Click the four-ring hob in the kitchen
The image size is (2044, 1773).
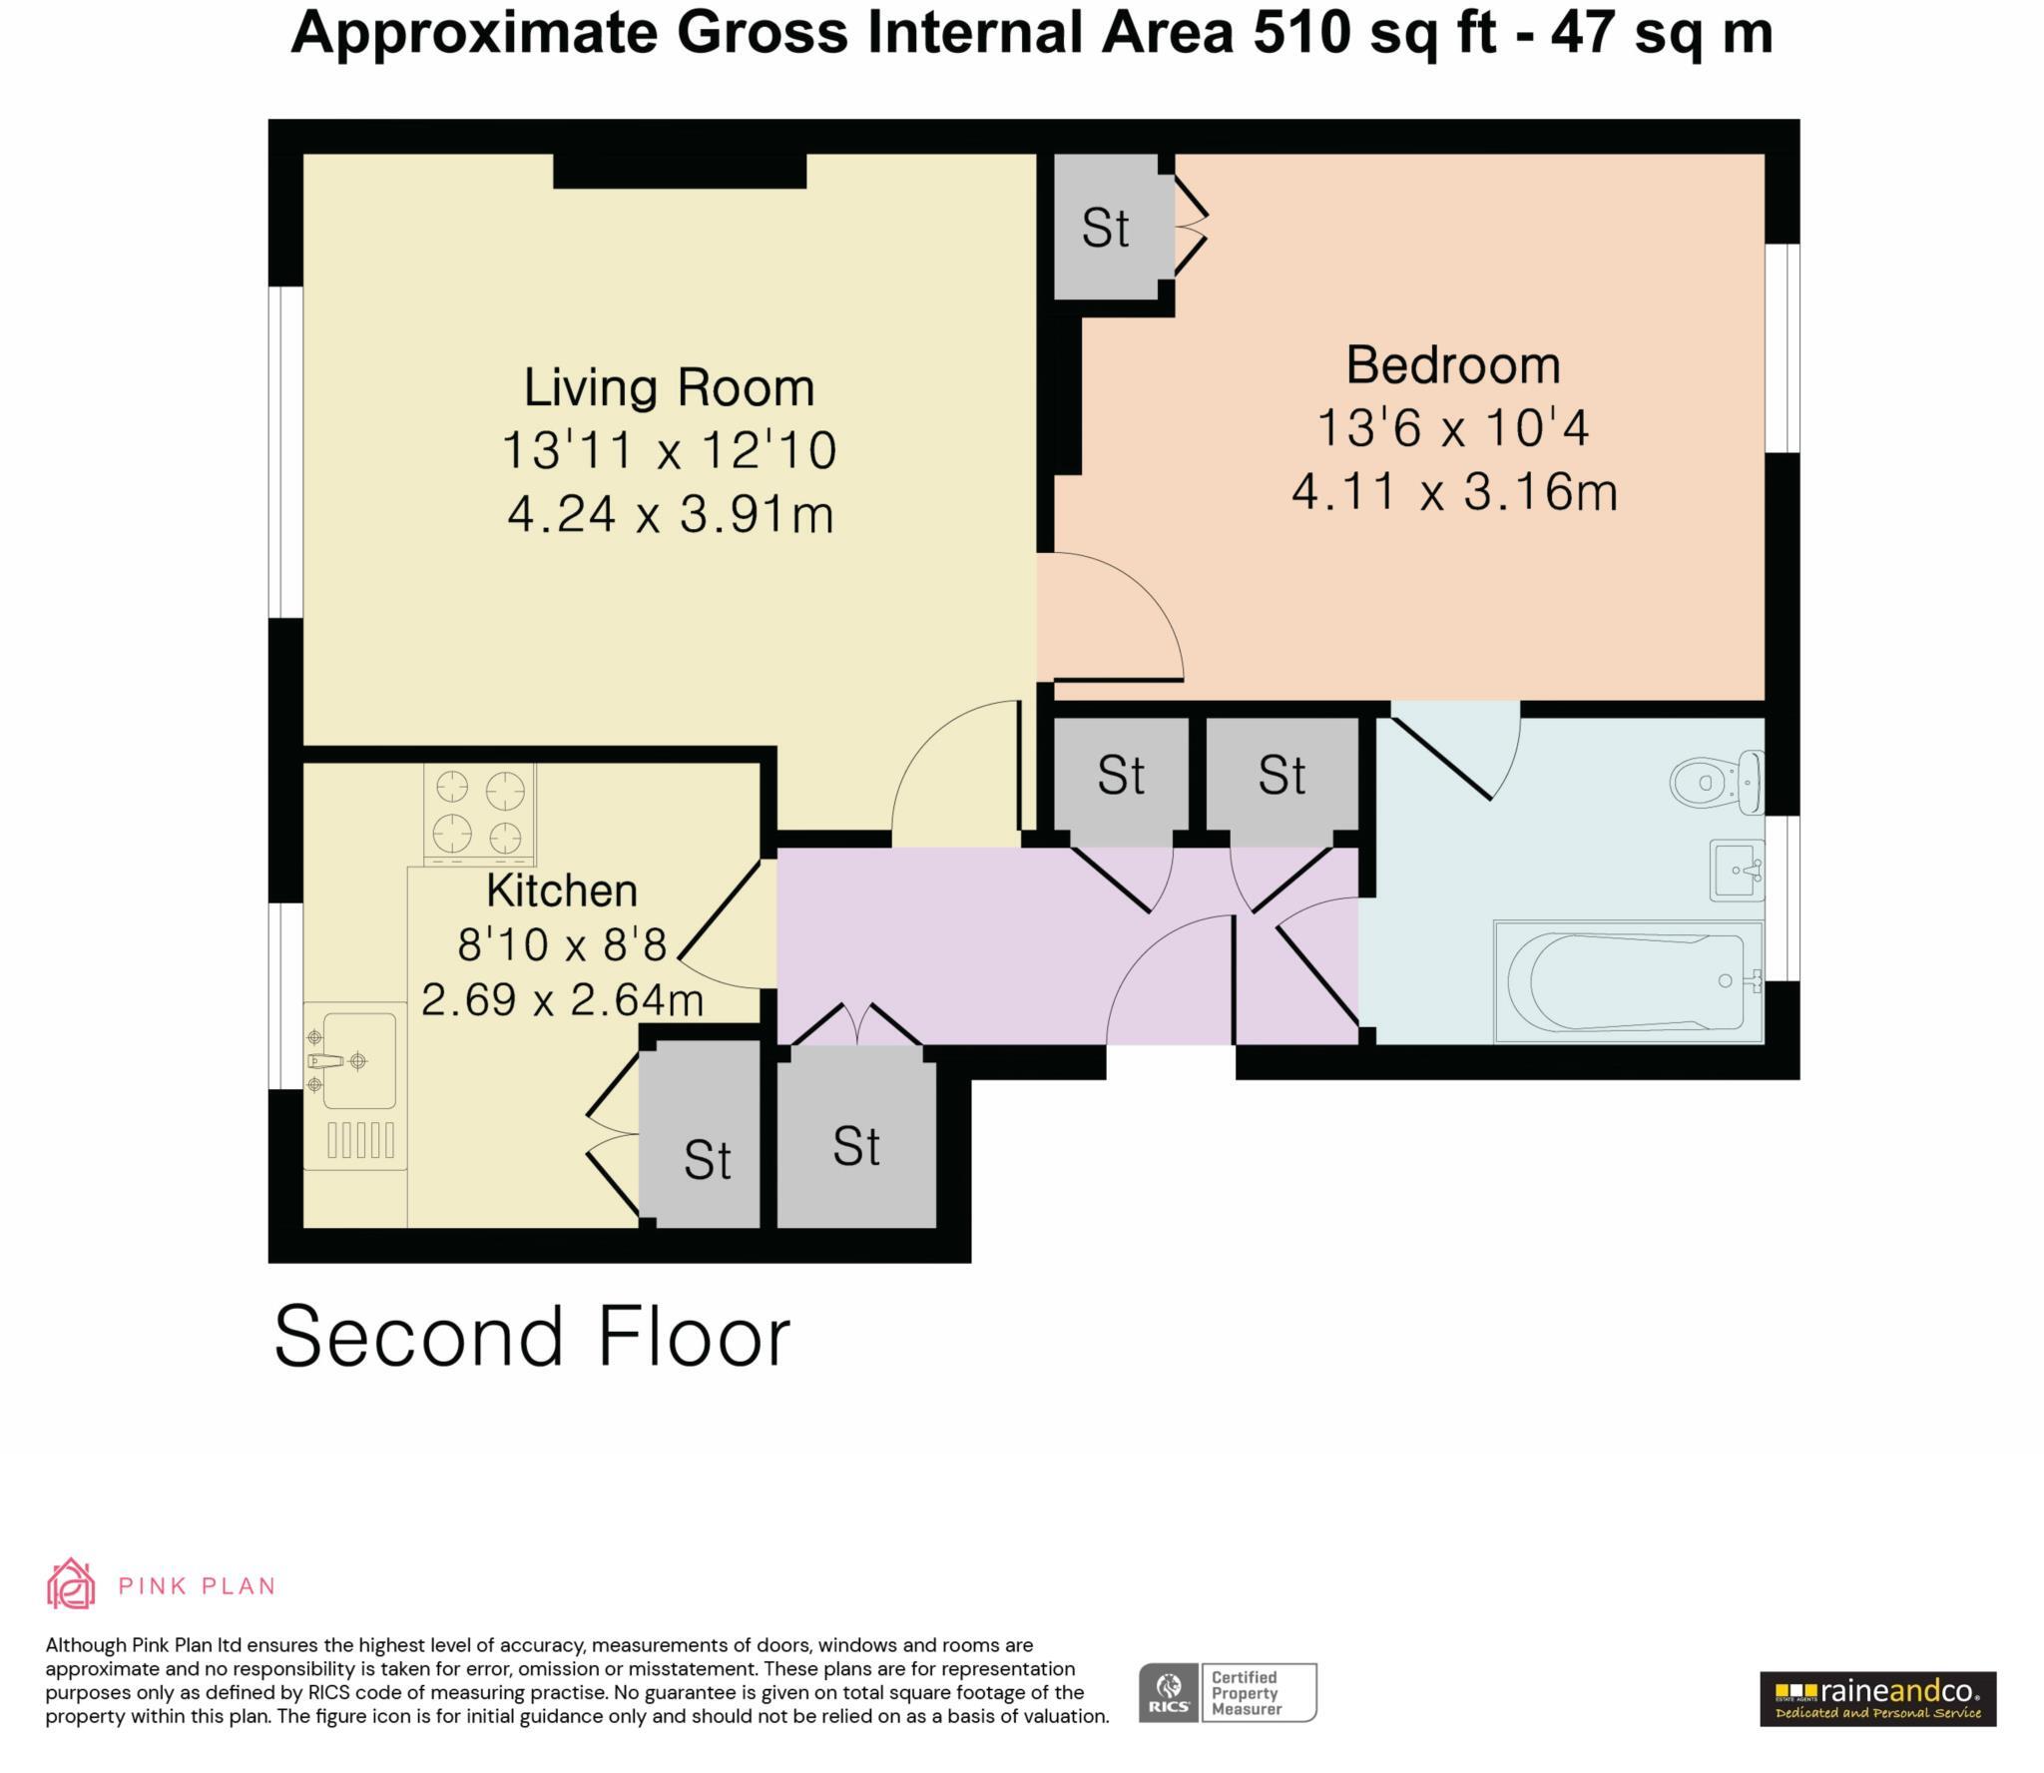pyautogui.click(x=479, y=814)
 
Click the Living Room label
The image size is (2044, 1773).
pyautogui.click(x=669, y=387)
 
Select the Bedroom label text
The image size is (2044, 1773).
pyautogui.click(x=1452, y=364)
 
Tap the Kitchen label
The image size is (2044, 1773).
pyautogui.click(x=561, y=890)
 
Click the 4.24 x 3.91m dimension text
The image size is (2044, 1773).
pyautogui.click(x=670, y=515)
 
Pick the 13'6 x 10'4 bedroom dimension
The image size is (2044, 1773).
pyautogui.click(x=1452, y=428)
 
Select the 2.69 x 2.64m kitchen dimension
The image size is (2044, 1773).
pyautogui.click(x=562, y=999)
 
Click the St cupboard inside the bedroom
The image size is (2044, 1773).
pyautogui.click(x=1105, y=229)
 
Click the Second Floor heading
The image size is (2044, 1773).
pyautogui.click(x=532, y=1336)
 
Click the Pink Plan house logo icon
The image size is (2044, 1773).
pyautogui.click(x=71, y=1584)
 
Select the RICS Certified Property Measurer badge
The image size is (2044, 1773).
pyautogui.click(x=1228, y=1692)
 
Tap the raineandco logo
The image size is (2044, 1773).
pyautogui.click(x=1877, y=1698)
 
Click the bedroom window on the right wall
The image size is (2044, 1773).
pyautogui.click(x=1783, y=347)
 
